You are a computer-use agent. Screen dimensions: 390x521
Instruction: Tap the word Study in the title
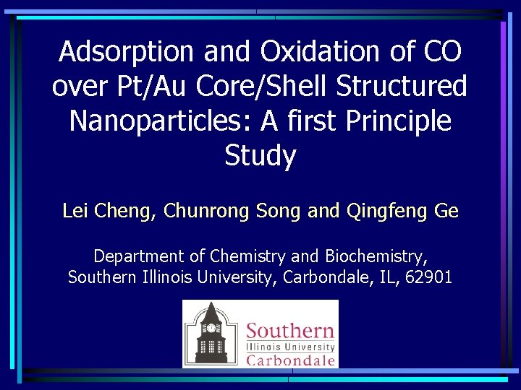coord(260,155)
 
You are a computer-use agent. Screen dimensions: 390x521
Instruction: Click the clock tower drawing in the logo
coord(211,333)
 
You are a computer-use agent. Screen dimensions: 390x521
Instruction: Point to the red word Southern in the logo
coord(290,332)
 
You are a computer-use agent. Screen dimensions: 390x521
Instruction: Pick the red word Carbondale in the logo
coord(290,360)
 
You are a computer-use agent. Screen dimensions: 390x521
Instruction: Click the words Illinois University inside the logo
coord(290,346)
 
